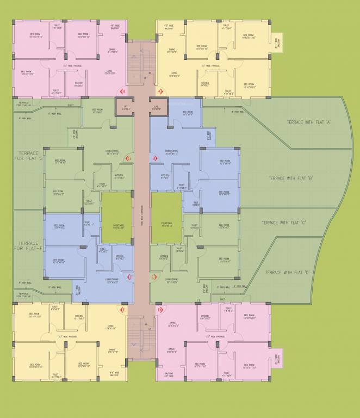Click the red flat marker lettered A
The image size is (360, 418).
(160, 91)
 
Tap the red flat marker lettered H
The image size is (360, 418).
(123, 91)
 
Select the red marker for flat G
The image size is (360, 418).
(128, 158)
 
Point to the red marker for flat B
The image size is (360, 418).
(154, 158)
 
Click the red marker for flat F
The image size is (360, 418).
(130, 277)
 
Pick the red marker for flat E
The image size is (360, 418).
(123, 310)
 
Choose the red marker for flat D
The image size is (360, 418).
(160, 310)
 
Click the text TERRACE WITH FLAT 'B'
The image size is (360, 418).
(291, 179)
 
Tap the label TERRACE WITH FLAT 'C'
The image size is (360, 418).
(284, 223)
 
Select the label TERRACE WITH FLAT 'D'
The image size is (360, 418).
(288, 272)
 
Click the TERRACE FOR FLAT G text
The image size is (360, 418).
(29, 156)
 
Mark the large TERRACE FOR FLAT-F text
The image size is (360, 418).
(28, 246)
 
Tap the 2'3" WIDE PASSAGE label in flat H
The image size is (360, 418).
(73, 65)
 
